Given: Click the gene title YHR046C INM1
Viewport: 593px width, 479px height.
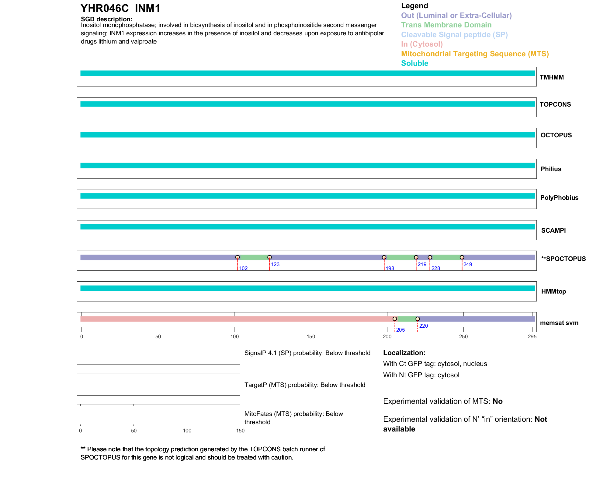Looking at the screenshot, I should pos(120,9).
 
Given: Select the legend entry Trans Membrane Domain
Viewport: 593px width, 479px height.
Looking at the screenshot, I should pos(446,25).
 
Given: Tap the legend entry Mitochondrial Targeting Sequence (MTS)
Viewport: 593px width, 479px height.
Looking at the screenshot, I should pos(475,54).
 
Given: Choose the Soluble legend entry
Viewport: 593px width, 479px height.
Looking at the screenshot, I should pos(414,63).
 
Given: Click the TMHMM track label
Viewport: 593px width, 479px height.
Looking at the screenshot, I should pos(551,77).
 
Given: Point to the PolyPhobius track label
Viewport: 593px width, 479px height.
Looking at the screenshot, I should pos(559,198).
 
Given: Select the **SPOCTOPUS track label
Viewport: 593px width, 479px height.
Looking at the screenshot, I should pos(563,259).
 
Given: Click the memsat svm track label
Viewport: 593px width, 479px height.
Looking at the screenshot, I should pos(559,323).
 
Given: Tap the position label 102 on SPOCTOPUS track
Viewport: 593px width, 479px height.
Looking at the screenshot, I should pos(243,268).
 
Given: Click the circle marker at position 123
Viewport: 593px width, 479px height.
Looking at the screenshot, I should pos(269,257).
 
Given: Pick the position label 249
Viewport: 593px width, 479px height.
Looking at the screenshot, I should pos(467,264).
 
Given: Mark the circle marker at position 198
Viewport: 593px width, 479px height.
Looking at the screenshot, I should pos(384,257).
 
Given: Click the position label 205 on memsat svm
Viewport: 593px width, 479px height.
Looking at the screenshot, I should pos(400,330).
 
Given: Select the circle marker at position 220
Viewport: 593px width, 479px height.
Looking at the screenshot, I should pos(418,319).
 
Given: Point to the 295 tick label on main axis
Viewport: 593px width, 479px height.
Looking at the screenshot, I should pos(532,336).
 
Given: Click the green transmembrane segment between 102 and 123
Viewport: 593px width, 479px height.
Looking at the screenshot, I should pos(254,257).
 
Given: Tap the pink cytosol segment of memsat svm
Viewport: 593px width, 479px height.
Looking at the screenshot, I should pos(237,319).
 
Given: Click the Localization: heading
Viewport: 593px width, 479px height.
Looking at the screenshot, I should pos(404,353).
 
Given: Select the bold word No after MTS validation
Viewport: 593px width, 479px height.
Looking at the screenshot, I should pos(498,401).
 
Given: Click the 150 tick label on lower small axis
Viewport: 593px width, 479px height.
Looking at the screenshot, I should pos(240,431).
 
